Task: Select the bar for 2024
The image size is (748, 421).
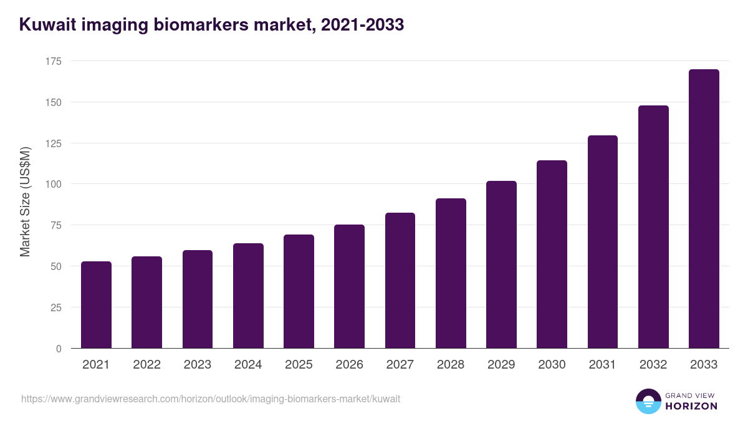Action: [x=248, y=296]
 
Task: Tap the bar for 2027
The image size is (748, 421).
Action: [x=400, y=280]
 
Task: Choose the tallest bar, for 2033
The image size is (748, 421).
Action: [x=704, y=209]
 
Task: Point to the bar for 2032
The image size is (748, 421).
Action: [x=653, y=227]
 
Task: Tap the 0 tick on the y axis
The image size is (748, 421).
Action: [x=59, y=349]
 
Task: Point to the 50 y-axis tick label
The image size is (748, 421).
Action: [x=56, y=266]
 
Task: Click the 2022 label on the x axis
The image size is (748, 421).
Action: [x=146, y=365]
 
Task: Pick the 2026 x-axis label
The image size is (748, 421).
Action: [x=349, y=365]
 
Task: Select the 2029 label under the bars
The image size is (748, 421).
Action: [x=501, y=365]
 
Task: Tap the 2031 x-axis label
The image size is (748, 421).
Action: [x=603, y=365]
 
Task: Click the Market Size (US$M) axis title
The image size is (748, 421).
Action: [x=26, y=202]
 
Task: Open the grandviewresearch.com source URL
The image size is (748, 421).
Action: [x=211, y=399]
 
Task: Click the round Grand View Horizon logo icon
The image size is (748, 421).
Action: [x=648, y=401]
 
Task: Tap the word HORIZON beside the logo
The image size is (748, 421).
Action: [x=691, y=406]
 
